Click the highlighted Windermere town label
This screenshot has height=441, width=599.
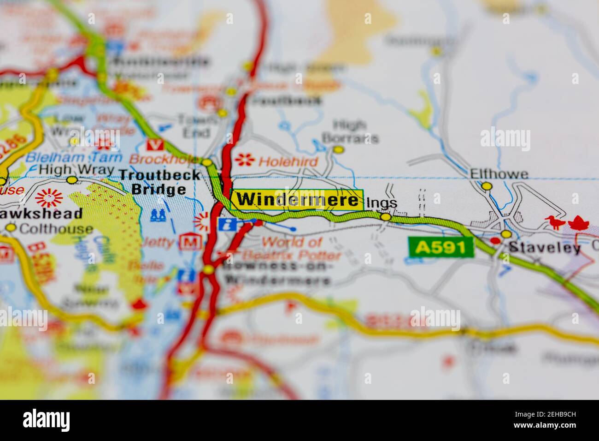(297, 200)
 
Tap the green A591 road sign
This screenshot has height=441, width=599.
(441, 248)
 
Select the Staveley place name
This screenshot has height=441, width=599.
(544, 248)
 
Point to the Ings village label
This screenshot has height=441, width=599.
(381, 203)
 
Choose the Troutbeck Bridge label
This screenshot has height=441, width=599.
(159, 182)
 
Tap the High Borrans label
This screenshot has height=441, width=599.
(350, 131)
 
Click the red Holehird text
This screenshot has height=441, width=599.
(288, 161)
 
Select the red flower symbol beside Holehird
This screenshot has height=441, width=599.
(245, 160)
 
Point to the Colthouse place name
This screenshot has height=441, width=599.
(56, 228)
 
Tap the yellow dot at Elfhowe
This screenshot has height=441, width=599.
(487, 186)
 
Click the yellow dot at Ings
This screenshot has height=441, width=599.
(386, 216)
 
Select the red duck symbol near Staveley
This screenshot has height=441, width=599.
(555, 223)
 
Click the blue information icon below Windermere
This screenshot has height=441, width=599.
(227, 225)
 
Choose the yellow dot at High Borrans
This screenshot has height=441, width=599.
(339, 149)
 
